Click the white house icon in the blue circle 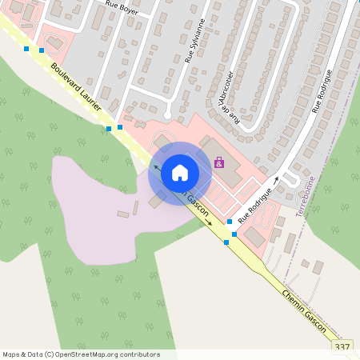point(180,172)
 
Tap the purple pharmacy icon point(218,162)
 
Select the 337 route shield point(342,346)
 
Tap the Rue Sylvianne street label point(194,42)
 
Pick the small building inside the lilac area point(123,214)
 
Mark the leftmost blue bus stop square point(26,49)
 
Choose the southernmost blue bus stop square point(226,242)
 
